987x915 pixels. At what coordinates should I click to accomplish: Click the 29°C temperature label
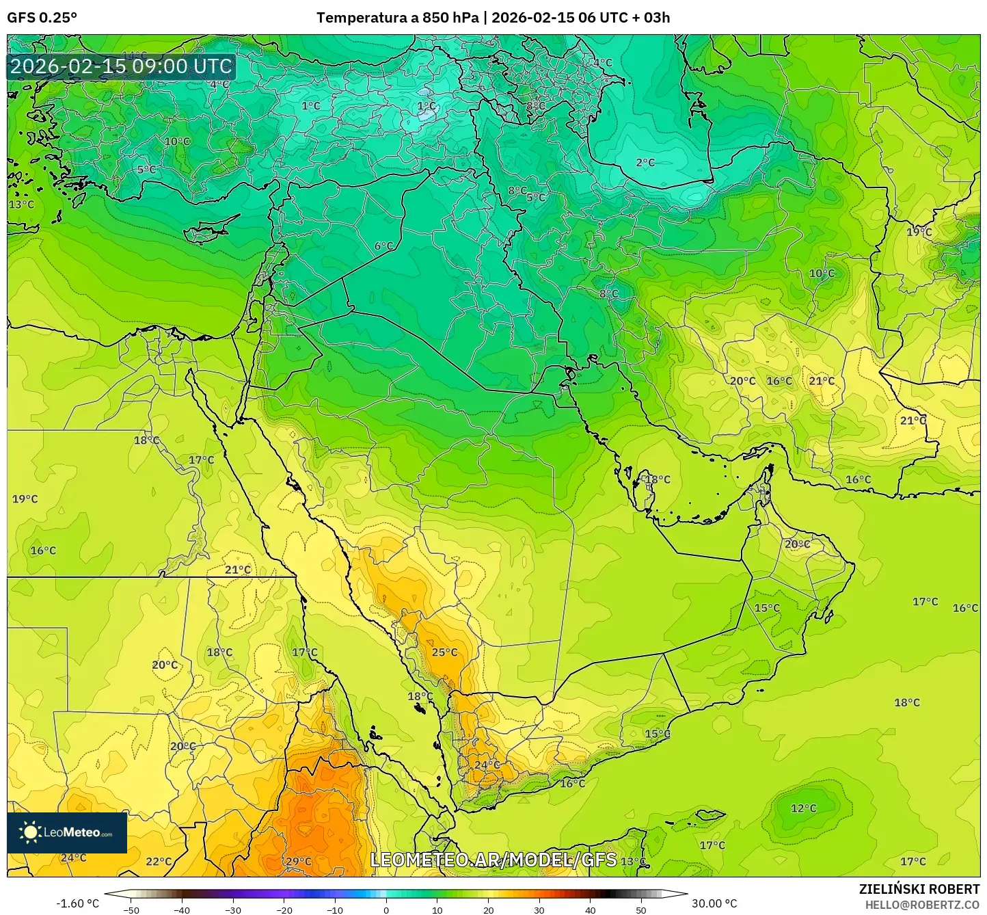[x=298, y=862]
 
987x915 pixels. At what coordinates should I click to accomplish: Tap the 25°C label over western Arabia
[x=444, y=652]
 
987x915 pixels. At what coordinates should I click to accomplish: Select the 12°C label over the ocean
[x=803, y=808]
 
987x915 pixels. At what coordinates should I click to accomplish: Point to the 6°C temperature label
[x=383, y=246]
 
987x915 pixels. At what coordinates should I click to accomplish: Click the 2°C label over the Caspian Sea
[x=645, y=163]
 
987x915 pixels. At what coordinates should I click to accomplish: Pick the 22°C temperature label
[x=159, y=862]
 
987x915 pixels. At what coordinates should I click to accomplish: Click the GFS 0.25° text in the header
[x=42, y=18]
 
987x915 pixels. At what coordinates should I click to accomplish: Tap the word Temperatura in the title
[x=362, y=18]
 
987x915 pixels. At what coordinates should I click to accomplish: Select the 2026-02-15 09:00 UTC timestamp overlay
[x=121, y=66]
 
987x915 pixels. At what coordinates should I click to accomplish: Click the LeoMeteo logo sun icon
[x=29, y=832]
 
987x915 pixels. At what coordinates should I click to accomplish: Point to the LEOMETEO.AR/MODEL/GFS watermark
[x=493, y=860]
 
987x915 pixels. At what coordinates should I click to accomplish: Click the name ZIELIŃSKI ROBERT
[x=919, y=889]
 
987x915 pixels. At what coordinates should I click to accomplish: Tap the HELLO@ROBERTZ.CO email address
[x=922, y=904]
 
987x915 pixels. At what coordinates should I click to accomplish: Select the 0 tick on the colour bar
[x=386, y=910]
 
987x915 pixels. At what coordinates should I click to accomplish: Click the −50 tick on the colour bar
[x=131, y=910]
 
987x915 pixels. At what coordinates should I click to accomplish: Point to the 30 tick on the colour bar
[x=539, y=910]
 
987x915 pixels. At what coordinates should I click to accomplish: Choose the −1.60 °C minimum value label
[x=77, y=903]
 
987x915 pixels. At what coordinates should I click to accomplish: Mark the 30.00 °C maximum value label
[x=714, y=903]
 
